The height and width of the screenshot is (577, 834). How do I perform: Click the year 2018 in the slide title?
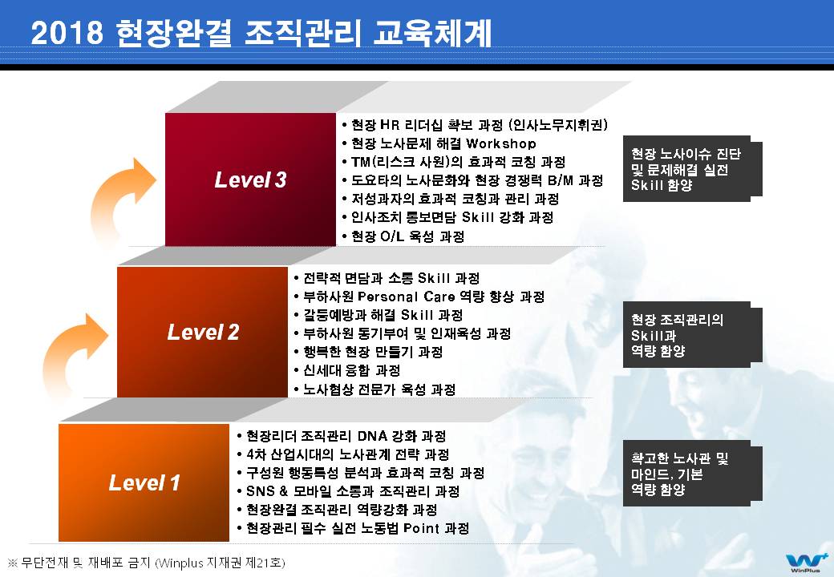click(x=67, y=32)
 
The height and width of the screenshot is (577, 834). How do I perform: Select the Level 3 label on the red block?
click(x=250, y=180)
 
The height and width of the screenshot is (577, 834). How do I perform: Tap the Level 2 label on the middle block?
click(x=203, y=332)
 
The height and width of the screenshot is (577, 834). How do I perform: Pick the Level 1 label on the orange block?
click(x=144, y=482)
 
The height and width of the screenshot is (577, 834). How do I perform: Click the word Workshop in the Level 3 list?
click(x=501, y=143)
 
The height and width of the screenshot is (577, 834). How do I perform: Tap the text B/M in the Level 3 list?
click(x=561, y=180)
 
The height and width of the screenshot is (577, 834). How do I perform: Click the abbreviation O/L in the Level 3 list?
click(x=392, y=236)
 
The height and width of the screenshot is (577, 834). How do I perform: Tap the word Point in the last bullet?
click(x=421, y=528)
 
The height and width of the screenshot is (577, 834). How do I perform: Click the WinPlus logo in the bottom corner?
click(x=805, y=563)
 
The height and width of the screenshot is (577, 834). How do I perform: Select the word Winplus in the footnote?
click(x=181, y=563)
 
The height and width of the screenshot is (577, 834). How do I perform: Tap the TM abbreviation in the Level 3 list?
click(x=361, y=162)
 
